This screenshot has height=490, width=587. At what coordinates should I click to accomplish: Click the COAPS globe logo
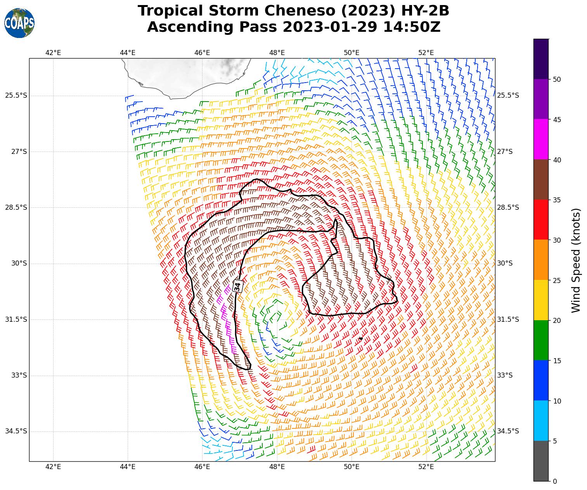(19, 23)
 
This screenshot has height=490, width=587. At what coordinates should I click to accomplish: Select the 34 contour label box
(237, 286)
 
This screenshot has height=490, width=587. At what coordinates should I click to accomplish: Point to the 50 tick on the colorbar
(557, 79)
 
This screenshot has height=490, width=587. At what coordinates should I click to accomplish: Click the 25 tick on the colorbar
(557, 280)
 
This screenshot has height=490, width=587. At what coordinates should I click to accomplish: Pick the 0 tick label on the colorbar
(555, 481)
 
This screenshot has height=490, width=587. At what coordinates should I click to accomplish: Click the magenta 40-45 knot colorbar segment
(541, 139)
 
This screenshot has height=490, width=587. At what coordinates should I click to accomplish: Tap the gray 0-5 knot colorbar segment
(541, 461)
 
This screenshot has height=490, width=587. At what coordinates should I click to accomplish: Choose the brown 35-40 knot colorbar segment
(541, 179)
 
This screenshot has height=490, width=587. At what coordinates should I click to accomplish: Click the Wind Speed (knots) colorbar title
(577, 260)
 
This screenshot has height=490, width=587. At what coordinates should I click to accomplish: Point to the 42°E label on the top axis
(53, 53)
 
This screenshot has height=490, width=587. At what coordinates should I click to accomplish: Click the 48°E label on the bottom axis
(277, 466)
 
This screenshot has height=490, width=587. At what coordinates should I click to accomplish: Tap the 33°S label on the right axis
(505, 375)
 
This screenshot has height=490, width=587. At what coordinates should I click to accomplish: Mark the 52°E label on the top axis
(426, 53)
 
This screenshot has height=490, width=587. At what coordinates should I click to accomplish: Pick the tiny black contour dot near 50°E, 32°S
(361, 338)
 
